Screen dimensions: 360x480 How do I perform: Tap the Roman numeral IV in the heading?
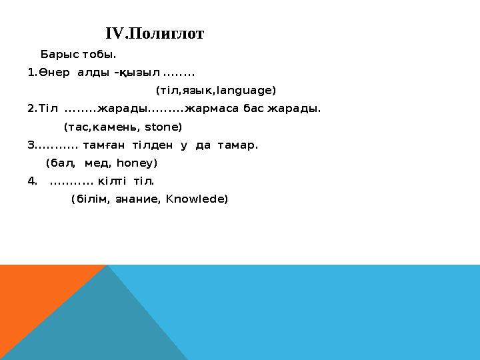tap(114, 34)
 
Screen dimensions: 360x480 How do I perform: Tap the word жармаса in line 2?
tap(211, 108)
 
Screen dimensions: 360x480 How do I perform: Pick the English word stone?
tap(162, 126)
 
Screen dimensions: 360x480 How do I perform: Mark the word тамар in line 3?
tap(237, 145)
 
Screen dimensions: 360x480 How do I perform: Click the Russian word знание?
tap(137, 199)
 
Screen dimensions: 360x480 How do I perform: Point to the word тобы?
tap(101, 54)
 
